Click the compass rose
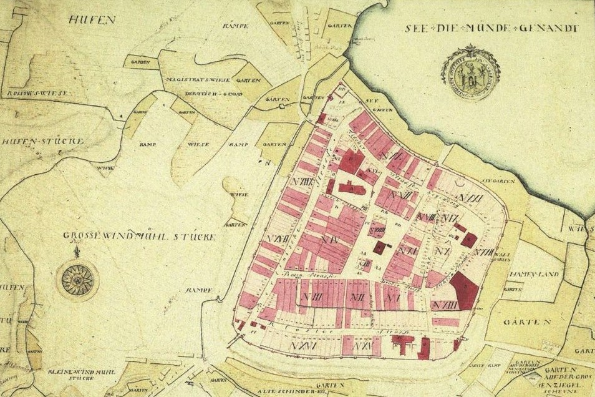coord(76,279)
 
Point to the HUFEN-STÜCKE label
coord(42,142)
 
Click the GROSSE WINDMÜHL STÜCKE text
coord(139,237)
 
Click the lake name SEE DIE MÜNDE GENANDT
coord(492,28)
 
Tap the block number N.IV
coord(329,239)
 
